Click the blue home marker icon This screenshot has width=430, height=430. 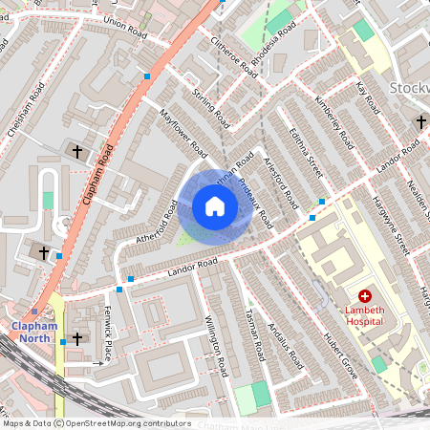pyautogui.click(x=215, y=205)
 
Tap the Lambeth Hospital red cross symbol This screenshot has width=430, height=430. pyautogui.click(x=364, y=298)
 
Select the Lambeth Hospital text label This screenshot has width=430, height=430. pyautogui.click(x=364, y=316)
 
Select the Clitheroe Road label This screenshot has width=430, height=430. pyautogui.click(x=235, y=57)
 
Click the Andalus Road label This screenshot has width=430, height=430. pyautogui.click(x=285, y=345)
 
